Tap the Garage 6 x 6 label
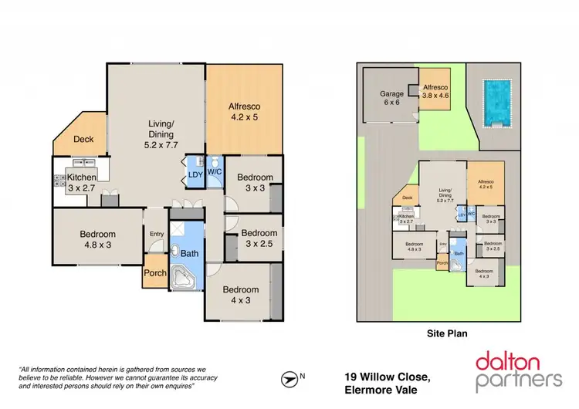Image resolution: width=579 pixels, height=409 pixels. pyautogui.click(x=391, y=98)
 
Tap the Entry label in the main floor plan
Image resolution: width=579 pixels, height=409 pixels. pyautogui.click(x=157, y=234)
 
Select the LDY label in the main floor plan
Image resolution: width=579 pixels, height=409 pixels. pyautogui.click(x=195, y=174)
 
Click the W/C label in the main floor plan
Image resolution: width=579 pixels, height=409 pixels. pyautogui.click(x=215, y=172)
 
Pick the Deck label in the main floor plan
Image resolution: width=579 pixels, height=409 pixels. pyautogui.click(x=83, y=140)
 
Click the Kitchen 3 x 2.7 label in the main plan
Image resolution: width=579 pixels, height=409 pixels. pyautogui.click(x=81, y=182)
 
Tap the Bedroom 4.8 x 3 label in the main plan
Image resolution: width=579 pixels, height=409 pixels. pyautogui.click(x=96, y=240)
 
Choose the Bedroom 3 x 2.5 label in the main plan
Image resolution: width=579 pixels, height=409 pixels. pyautogui.click(x=258, y=238)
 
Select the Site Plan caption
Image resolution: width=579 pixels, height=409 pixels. pyautogui.click(x=449, y=334)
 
